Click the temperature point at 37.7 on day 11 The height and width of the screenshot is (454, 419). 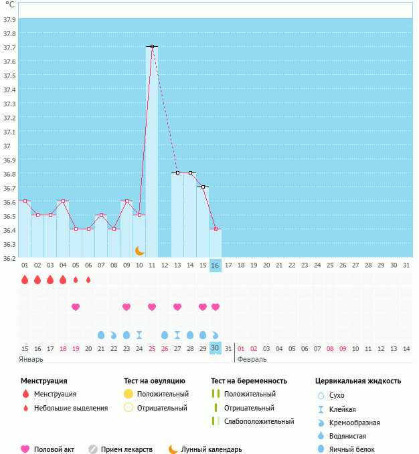point(152,46)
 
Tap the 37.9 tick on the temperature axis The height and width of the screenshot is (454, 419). point(9,19)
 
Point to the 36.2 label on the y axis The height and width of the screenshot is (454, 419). point(9,258)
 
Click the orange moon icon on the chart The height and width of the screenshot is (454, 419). point(139,250)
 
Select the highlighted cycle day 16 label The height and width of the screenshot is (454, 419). point(215,265)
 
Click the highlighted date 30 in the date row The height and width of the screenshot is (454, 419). point(215,348)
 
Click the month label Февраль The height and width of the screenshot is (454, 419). point(251,359)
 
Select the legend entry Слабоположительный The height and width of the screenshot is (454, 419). point(259,421)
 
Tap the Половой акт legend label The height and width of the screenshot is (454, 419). point(55,449)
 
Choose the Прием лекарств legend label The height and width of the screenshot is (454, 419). point(127,449)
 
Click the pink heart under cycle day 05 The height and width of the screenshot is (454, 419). point(76,307)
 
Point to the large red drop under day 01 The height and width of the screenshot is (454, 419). point(25,279)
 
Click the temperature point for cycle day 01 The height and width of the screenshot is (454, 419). point(25,201)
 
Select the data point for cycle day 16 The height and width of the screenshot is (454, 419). point(215,229)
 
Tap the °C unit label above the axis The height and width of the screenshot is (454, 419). point(9,5)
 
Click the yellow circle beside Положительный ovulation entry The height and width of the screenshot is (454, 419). point(128,394)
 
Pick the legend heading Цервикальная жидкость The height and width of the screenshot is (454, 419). point(358,380)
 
